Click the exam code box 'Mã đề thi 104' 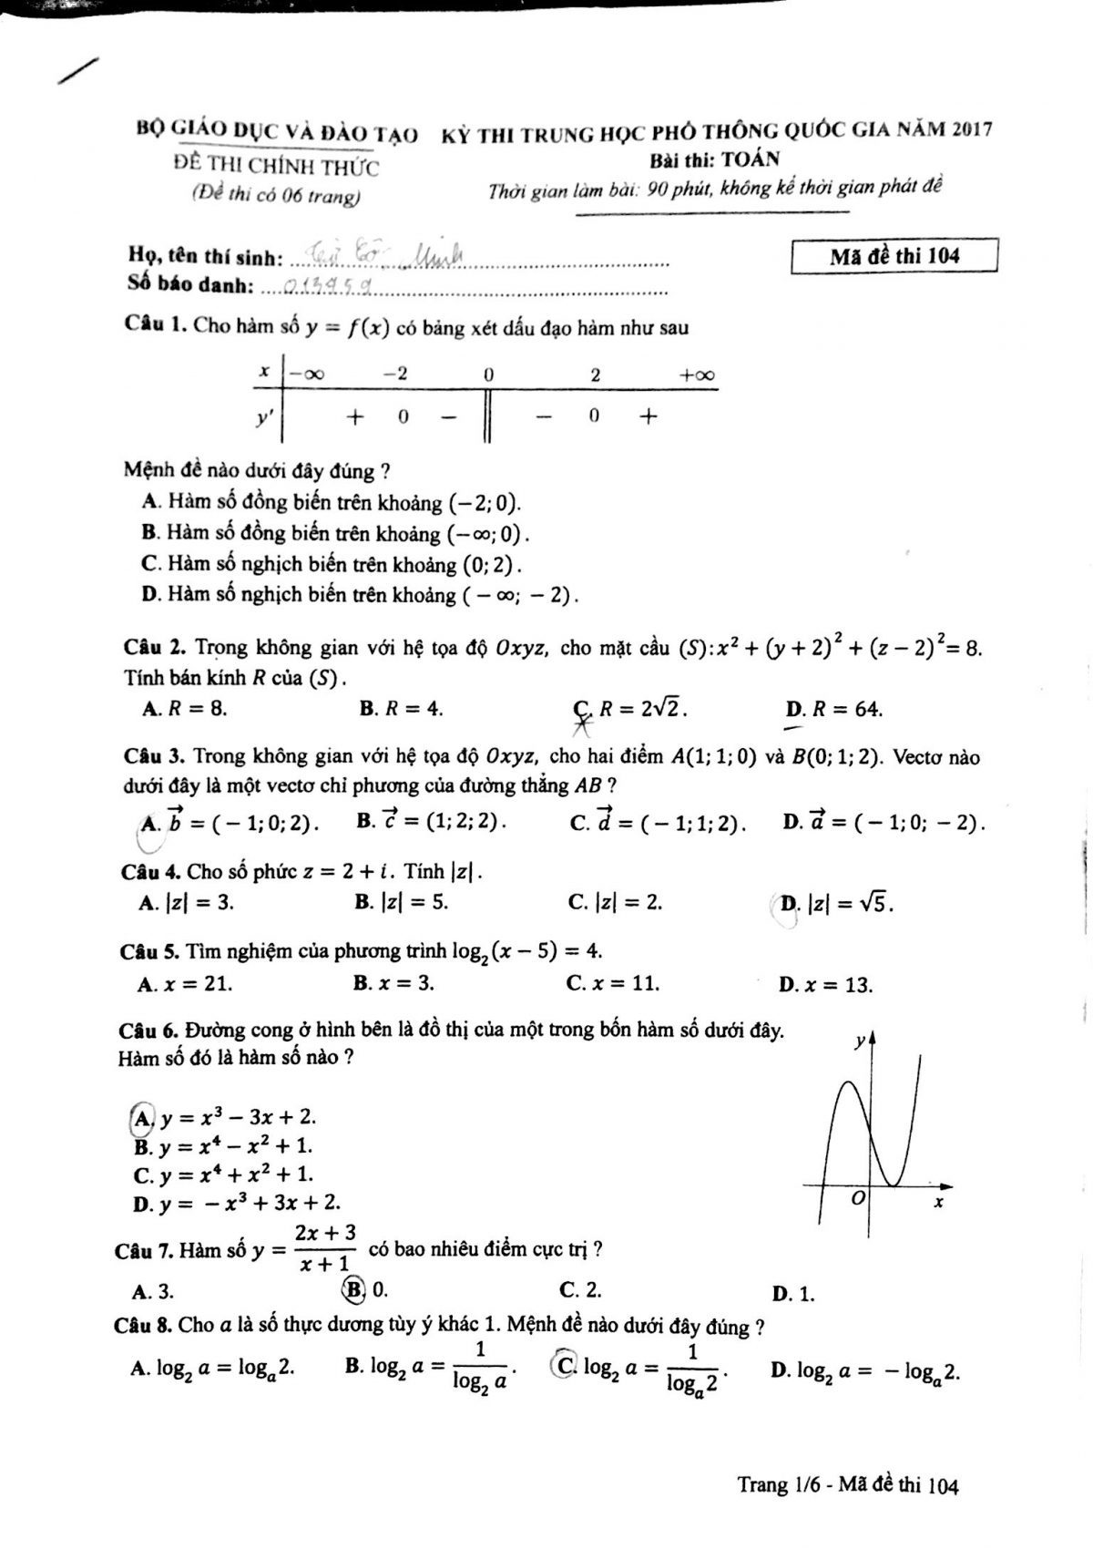[894, 256]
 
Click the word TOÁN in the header [751, 159]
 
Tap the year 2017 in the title [971, 130]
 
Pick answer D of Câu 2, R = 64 [833, 709]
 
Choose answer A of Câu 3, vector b [228, 822]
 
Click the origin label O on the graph [856, 1199]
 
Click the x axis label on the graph [938, 1204]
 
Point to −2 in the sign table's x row [395, 374]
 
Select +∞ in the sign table [697, 374]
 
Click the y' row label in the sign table [266, 417]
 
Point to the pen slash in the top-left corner [77, 70]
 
